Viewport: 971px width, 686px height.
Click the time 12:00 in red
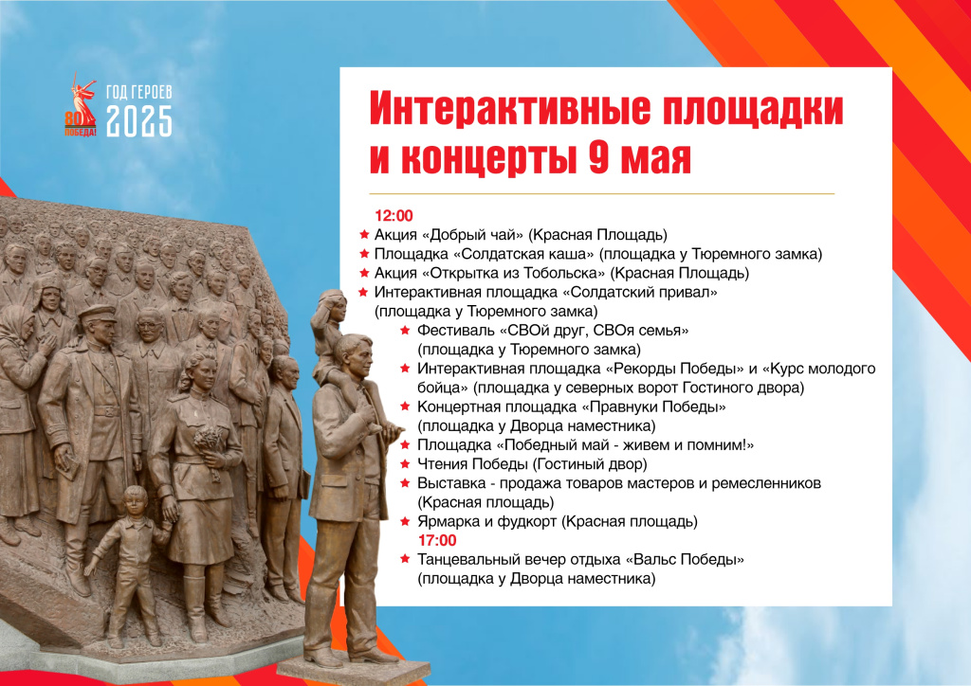(x=394, y=216)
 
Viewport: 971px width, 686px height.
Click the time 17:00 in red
(x=436, y=541)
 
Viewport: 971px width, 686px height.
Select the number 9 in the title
(x=599, y=157)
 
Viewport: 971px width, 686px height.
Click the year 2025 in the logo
(x=138, y=121)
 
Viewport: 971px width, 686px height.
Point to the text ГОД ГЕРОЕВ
(x=138, y=92)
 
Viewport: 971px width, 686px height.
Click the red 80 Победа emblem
(x=82, y=105)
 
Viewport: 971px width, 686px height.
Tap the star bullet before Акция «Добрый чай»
(x=364, y=235)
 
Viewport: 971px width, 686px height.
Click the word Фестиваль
(x=456, y=331)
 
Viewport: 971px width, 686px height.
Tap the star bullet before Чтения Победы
(x=405, y=464)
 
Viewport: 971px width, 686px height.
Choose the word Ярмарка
(x=446, y=522)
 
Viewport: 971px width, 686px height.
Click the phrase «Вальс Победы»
(x=685, y=560)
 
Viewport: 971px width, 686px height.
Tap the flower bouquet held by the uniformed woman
(x=209, y=446)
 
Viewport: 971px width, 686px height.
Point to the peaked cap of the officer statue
(x=97, y=313)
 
